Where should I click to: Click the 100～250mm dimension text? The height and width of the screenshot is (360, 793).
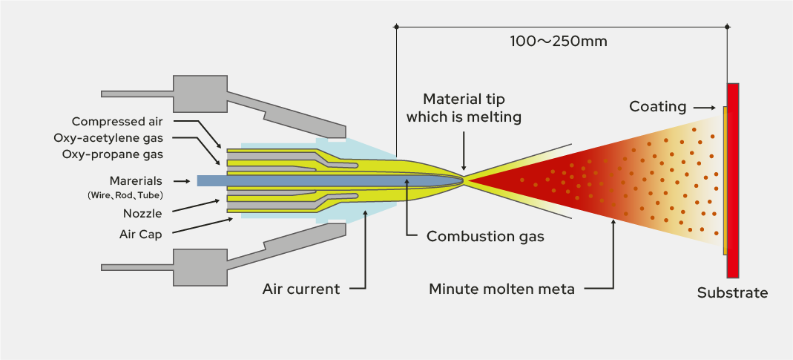point(559,42)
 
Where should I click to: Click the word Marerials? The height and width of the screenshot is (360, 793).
point(136,180)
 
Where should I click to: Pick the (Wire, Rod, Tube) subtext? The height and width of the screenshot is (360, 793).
point(125,194)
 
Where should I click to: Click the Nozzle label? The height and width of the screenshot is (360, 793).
point(142,213)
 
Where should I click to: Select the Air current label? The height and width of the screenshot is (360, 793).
point(301,289)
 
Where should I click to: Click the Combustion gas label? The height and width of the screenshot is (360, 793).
point(485,237)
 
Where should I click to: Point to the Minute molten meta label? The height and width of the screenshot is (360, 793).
point(501,289)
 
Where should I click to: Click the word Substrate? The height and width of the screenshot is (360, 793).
point(732,292)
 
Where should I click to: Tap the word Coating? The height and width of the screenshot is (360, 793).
point(657,107)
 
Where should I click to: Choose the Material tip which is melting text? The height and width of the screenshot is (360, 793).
point(473,108)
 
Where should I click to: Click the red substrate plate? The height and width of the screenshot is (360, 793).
point(733,179)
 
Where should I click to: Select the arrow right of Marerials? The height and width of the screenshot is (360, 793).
point(180,180)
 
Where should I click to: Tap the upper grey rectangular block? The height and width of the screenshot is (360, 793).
point(200,92)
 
